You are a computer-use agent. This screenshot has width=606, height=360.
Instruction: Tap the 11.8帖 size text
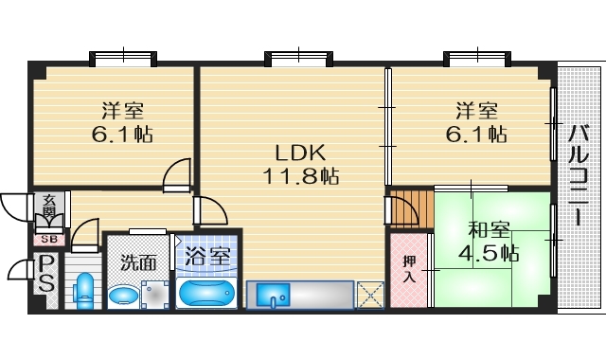click(x=302, y=175)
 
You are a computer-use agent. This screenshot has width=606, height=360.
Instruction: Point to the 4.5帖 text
click(x=490, y=253)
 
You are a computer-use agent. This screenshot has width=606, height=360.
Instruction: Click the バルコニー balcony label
click(x=578, y=174)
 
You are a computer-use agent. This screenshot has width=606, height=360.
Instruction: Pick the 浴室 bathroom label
click(x=206, y=256)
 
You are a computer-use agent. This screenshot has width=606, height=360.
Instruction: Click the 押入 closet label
click(x=408, y=269)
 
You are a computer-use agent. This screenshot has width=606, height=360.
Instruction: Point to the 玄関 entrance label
click(x=47, y=210)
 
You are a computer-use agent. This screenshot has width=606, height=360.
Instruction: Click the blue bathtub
click(x=206, y=292)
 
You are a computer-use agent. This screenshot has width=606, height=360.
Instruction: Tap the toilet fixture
click(x=83, y=290)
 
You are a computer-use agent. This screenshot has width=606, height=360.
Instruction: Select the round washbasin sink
click(x=122, y=297)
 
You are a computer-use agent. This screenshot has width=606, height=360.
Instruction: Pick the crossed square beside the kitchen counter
click(x=369, y=294)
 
